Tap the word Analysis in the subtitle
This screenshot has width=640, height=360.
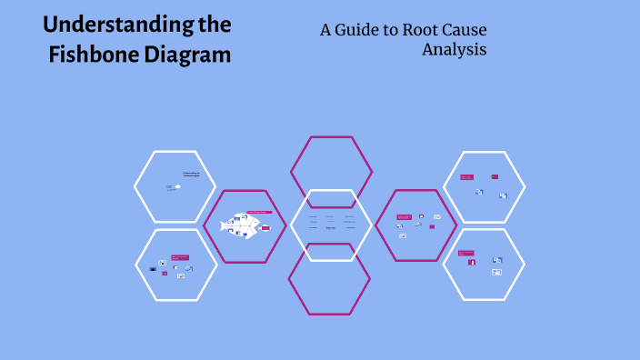(x=454, y=49)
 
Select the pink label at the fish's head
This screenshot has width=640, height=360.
(x=266, y=228)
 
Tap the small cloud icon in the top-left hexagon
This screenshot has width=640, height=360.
(x=177, y=186)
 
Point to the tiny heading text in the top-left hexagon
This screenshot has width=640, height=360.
(x=190, y=174)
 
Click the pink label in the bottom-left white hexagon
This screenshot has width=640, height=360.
(x=179, y=258)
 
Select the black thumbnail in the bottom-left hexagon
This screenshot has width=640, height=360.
(x=152, y=267)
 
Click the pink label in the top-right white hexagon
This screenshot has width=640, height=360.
(x=465, y=176)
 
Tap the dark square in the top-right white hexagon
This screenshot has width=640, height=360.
(x=494, y=176)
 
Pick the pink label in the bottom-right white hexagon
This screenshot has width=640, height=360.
(x=465, y=253)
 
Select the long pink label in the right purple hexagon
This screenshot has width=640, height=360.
(x=404, y=216)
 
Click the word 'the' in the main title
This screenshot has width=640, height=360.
(x=215, y=24)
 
